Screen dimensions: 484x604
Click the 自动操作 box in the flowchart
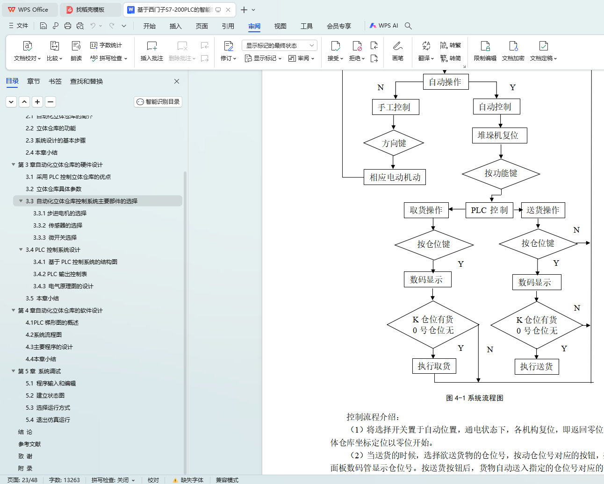click(445, 82)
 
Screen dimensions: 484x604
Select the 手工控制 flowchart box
click(394, 107)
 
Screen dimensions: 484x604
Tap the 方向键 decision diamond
click(394, 143)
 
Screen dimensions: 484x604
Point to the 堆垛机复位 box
click(498, 135)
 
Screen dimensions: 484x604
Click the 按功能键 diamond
click(501, 173)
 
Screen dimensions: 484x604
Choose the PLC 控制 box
click(489, 210)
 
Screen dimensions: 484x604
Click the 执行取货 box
click(434, 366)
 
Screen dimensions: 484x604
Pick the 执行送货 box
click(536, 367)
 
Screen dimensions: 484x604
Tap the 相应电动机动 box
click(395, 178)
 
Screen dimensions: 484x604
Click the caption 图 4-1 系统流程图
click(475, 398)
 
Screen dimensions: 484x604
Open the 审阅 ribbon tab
click(254, 26)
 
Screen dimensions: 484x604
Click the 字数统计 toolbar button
click(106, 45)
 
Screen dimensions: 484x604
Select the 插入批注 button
click(152, 51)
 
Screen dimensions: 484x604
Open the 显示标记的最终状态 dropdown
click(280, 45)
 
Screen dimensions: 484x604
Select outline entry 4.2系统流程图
click(43, 335)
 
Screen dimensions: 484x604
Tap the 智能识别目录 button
click(158, 102)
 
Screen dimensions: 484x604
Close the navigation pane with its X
click(177, 81)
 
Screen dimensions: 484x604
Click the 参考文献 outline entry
click(29, 444)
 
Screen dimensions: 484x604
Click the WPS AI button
click(384, 26)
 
